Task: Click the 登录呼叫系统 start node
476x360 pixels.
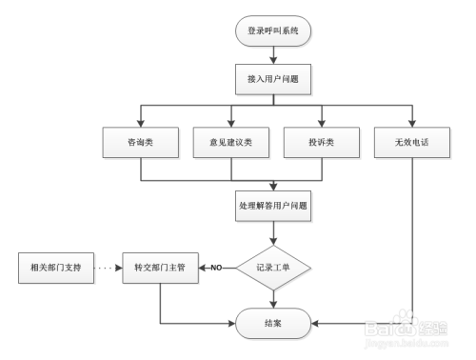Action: tap(274, 30)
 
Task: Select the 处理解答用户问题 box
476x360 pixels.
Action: tap(274, 204)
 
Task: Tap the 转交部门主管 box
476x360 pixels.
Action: tap(160, 268)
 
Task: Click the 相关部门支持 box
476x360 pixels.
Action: tap(56, 268)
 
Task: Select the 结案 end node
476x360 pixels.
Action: tap(274, 324)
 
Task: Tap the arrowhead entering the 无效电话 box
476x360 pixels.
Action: tap(412, 123)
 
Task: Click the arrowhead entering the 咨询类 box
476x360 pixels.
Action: tap(141, 123)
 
